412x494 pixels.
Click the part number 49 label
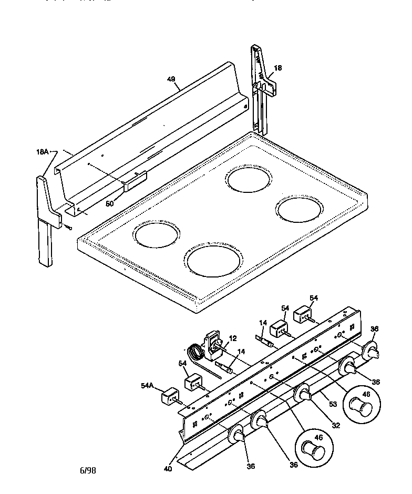point(171,79)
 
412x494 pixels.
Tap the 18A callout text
point(43,151)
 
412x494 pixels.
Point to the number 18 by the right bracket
point(278,68)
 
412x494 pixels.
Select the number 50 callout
point(110,203)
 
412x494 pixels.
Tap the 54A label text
point(147,385)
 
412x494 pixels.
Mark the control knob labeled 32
point(303,395)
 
